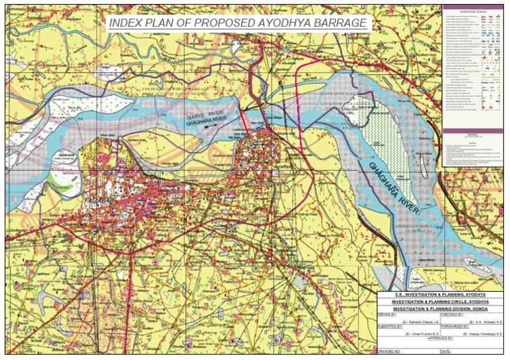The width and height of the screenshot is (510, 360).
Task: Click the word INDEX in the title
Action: click(x=125, y=23)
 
